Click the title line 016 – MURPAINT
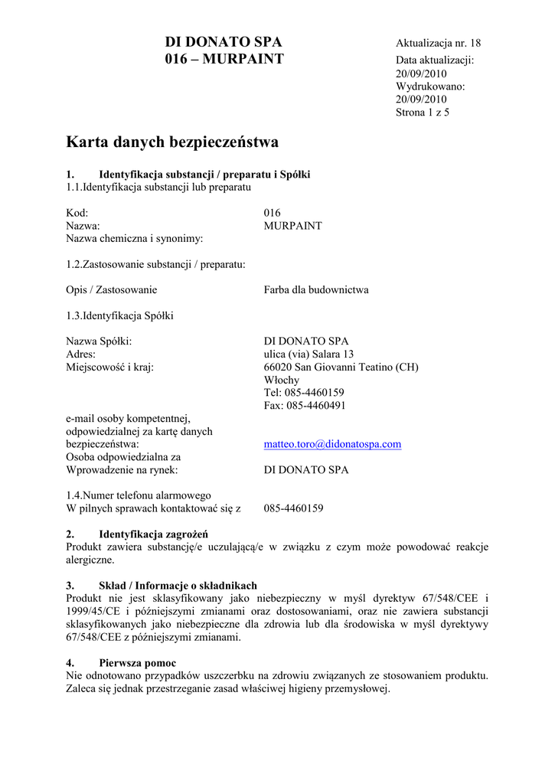coord(224,59)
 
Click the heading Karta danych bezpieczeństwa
coord(172,142)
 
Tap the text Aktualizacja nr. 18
coord(438,43)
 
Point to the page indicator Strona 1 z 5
coord(423,113)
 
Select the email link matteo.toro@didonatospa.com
coord(332,444)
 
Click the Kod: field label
coord(77,213)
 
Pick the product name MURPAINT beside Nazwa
coord(292,226)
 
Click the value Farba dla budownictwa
coord(316,290)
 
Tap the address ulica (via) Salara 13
coord(309,354)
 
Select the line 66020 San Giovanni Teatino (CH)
coord(341,367)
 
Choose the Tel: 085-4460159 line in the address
coord(304,393)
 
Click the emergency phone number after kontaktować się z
coord(293,508)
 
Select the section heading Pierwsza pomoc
coord(137,662)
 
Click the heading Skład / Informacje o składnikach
coord(178,586)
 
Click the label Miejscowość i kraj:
coord(110,367)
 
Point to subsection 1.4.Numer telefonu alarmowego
coord(139,495)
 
